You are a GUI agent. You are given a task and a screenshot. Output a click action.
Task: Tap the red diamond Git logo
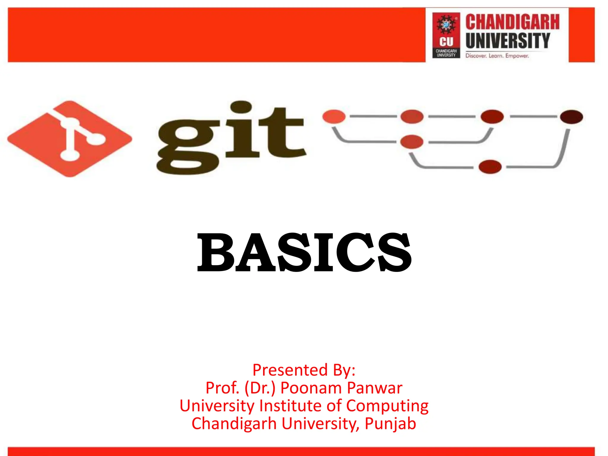pyautogui.click(x=70, y=139)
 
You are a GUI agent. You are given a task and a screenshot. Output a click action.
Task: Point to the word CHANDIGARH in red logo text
pyautogui.click(x=512, y=22)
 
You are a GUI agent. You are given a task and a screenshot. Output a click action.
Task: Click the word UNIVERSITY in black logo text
pyautogui.click(x=508, y=41)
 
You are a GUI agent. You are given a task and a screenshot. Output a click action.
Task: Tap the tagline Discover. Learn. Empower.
pyautogui.click(x=497, y=56)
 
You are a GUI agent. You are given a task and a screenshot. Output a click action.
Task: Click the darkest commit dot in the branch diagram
pyautogui.click(x=571, y=116)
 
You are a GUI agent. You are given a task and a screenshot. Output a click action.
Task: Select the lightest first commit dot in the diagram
pyautogui.click(x=334, y=116)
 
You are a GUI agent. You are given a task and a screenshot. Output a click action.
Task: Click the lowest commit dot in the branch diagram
pyautogui.click(x=490, y=167)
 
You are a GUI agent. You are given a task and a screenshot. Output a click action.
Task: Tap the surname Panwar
pyautogui.click(x=375, y=388)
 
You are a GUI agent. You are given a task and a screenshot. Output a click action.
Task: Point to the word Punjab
pyautogui.click(x=390, y=424)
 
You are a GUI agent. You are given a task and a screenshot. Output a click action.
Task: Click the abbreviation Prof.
pyautogui.click(x=222, y=388)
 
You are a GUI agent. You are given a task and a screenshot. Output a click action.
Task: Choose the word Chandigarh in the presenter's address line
pyautogui.click(x=234, y=424)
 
